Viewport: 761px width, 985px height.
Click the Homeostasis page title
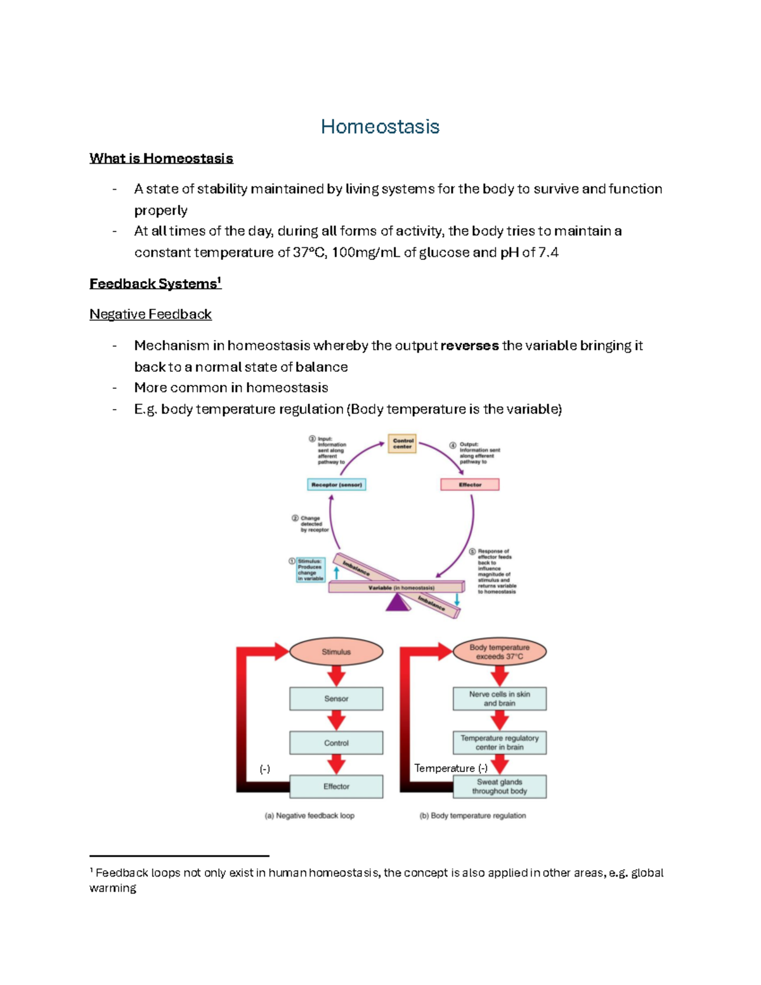380,126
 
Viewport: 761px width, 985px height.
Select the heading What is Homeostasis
161,159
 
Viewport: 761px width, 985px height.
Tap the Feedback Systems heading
154,284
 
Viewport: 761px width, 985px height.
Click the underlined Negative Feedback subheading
150,314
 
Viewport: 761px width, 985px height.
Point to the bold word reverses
469,346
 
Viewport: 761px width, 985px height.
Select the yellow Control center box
403,443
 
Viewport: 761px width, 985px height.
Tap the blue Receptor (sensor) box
336,485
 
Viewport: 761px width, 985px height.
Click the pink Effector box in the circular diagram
470,485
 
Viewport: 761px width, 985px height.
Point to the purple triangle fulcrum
398,603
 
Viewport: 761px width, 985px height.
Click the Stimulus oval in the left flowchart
336,651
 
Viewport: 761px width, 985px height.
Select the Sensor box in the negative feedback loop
336,698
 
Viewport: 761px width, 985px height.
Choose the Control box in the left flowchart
336,743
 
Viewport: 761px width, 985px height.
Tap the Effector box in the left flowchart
336,786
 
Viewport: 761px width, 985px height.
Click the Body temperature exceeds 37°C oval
499,651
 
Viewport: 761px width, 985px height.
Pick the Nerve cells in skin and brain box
499,698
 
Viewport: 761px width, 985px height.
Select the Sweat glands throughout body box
499,786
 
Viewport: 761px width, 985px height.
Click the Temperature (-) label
451,768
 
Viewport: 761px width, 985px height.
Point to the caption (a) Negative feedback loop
309,816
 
